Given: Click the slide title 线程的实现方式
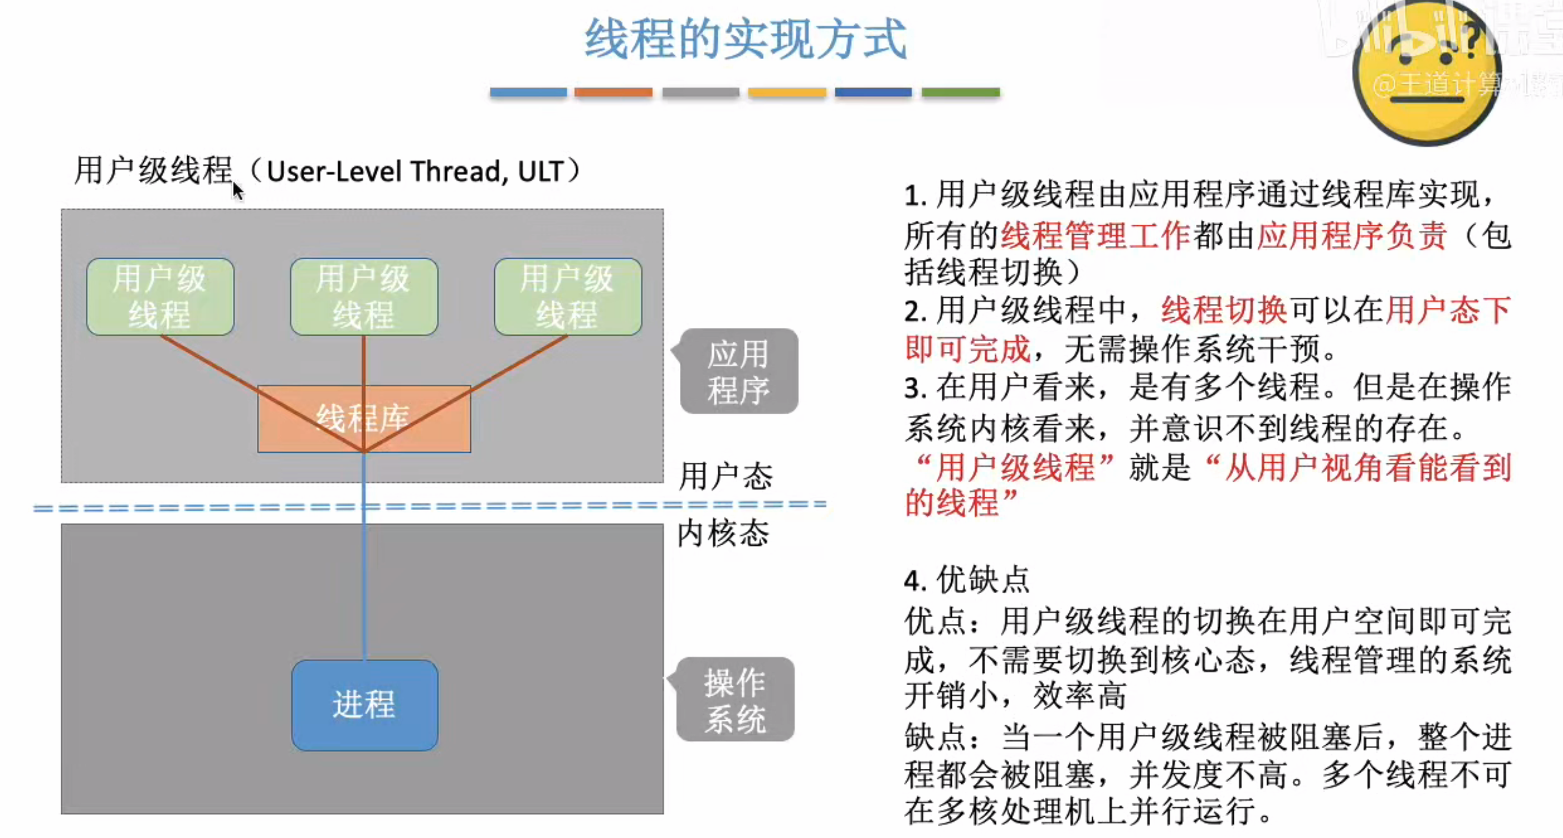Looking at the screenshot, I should tap(745, 39).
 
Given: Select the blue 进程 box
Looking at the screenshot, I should tap(364, 705).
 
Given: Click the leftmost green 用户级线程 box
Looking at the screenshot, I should tap(160, 297).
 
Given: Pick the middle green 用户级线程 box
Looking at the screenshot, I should tap(364, 297).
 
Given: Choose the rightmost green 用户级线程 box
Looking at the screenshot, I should tap(568, 297).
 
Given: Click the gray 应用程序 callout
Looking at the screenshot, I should tap(738, 371).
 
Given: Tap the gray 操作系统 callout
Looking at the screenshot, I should tap(735, 700).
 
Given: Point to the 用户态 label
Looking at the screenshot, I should tap(725, 475).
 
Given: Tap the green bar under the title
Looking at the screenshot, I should tap(960, 92).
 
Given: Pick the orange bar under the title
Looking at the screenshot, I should tap(613, 92).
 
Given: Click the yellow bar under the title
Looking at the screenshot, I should tap(787, 92).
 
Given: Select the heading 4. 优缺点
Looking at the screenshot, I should tap(967, 579).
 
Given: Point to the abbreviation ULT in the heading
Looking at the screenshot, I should tap(540, 171).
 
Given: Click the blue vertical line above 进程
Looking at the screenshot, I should tap(364, 577).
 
